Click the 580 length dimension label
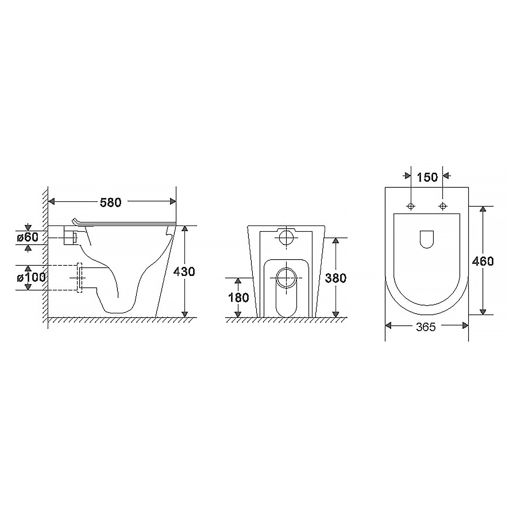click(x=111, y=202)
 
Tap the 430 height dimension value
click(x=184, y=271)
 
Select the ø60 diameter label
click(x=28, y=237)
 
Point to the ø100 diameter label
click(x=31, y=277)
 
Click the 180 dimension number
click(x=239, y=298)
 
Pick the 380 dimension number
click(x=336, y=278)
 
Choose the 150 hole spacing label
click(x=427, y=177)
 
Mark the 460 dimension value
click(x=483, y=261)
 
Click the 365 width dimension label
click(x=426, y=327)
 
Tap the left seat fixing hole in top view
click(x=411, y=206)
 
